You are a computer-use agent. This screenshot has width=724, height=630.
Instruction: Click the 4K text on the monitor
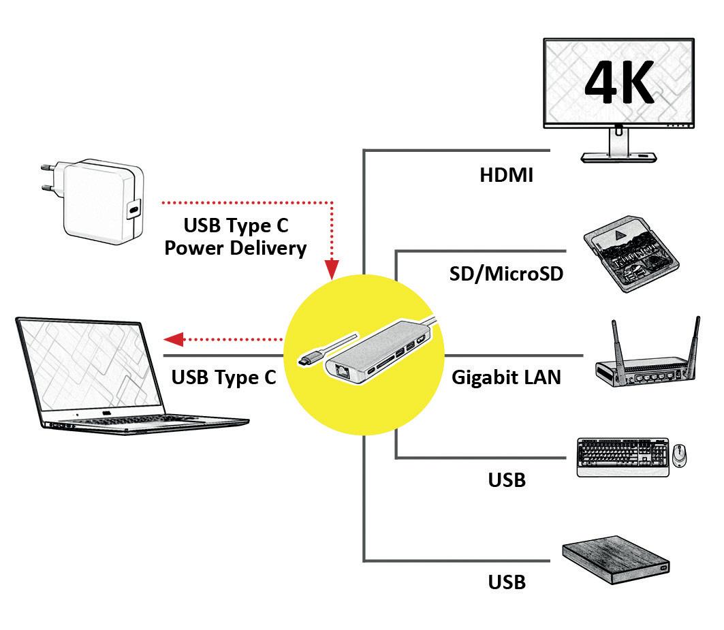tap(619, 82)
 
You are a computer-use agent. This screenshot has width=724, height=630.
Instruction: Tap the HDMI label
tap(506, 176)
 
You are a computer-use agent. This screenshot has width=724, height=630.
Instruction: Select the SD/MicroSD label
tap(506, 274)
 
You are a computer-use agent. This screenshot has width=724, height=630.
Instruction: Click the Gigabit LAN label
tap(506, 377)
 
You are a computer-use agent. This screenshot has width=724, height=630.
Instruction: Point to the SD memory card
tap(631, 254)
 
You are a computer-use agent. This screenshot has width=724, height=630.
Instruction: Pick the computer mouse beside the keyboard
tap(679, 456)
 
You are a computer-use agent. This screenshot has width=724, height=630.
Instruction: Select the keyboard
tap(623, 457)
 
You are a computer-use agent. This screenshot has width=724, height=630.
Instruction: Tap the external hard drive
tap(616, 560)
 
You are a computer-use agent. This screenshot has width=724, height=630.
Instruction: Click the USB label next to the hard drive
tap(507, 582)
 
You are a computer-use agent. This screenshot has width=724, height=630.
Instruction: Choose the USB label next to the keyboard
tap(507, 480)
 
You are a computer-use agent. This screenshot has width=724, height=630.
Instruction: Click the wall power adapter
tap(93, 202)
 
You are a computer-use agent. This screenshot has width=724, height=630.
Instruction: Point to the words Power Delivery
tap(236, 249)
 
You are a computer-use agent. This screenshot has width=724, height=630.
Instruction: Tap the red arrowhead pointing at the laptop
tap(174, 339)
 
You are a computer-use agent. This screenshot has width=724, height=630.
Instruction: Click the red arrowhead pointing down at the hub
tap(332, 269)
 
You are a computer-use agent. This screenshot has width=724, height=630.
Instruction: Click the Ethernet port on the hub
tap(343, 370)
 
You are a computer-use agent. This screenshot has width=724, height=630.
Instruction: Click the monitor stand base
tap(618, 157)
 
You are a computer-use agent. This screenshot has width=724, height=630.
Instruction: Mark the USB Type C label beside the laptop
tap(223, 377)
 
